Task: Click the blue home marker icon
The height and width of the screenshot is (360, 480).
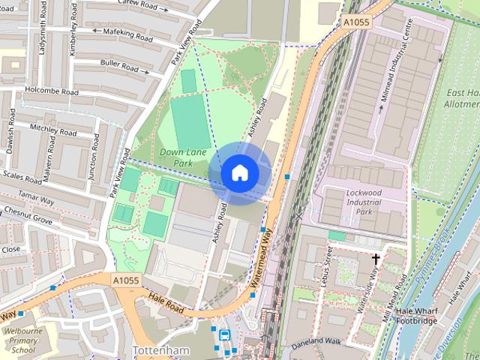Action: coord(239,172)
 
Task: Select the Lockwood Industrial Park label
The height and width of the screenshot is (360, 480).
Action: coord(353,202)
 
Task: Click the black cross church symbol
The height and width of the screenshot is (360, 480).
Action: coord(376,259)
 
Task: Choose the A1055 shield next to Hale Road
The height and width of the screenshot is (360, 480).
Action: coord(126,280)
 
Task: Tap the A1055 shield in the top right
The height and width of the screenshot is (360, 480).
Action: coord(357,23)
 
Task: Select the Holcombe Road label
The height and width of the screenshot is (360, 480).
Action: coord(51,91)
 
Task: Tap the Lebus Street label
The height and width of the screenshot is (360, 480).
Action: coord(328,264)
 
